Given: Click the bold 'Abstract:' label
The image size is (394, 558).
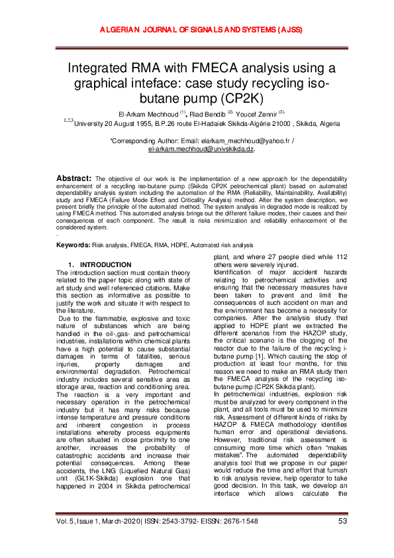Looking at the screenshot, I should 74,178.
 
